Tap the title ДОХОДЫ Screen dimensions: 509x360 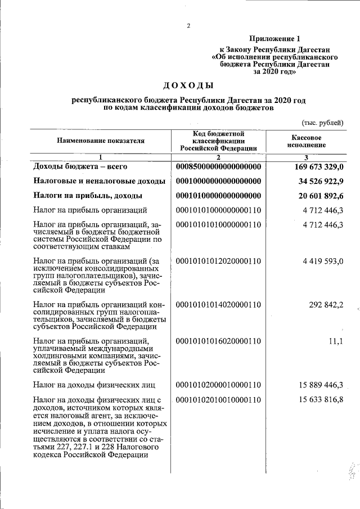pos(188,85)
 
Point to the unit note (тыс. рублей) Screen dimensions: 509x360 pos(322,123)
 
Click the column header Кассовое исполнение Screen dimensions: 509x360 pos(307,141)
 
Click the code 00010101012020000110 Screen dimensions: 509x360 pos(219,261)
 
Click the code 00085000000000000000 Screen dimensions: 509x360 pos(219,167)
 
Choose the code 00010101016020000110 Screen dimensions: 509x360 pos(219,341)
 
